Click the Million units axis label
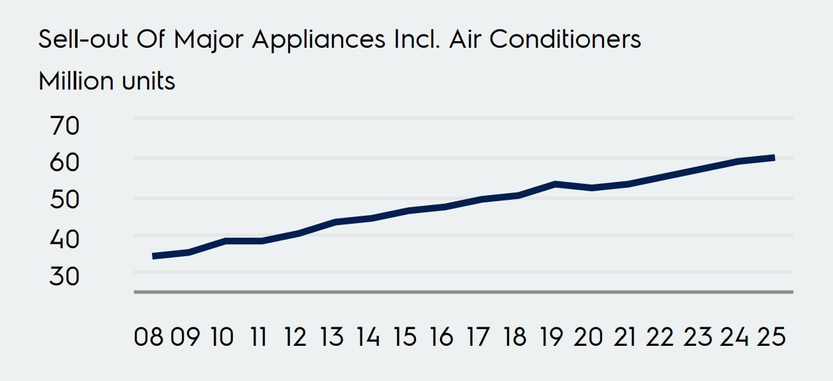click(107, 82)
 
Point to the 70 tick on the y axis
click(64, 125)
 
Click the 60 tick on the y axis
click(64, 163)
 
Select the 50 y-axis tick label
click(64, 200)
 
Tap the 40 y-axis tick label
click(64, 238)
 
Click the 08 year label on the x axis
click(149, 337)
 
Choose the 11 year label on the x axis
click(258, 337)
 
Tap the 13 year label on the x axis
click(331, 337)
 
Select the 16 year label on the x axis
click(440, 337)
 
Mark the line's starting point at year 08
click(153, 256)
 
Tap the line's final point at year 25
click(774, 157)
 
